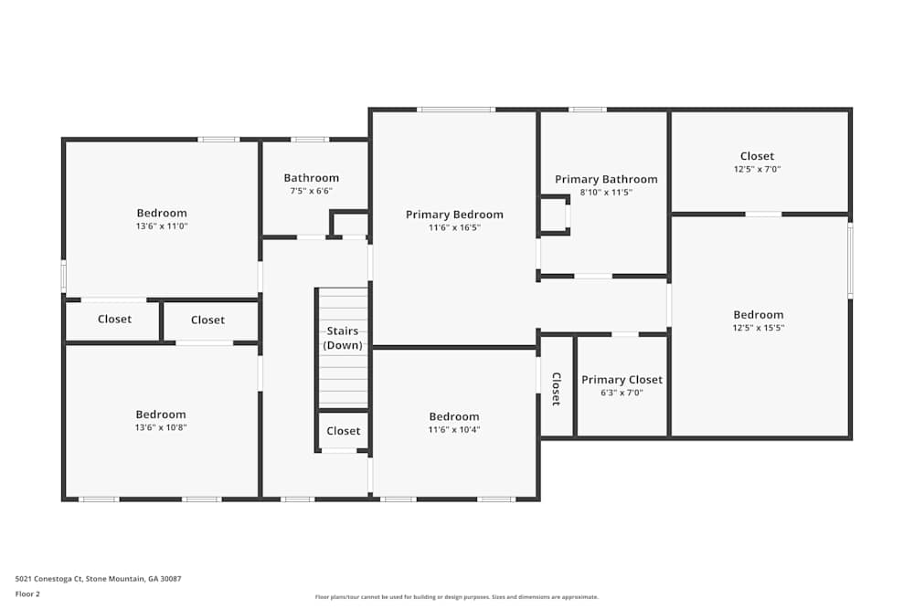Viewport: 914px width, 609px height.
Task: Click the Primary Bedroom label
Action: (x=454, y=215)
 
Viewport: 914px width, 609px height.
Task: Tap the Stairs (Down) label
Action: (x=344, y=338)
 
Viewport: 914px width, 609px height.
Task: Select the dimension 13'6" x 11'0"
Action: (x=162, y=226)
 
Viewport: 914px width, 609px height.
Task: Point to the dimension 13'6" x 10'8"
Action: (x=161, y=427)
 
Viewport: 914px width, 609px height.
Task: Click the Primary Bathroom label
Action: (x=606, y=179)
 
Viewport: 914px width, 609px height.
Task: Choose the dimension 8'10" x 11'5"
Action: (x=606, y=193)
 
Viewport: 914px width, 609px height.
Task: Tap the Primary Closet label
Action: (x=622, y=380)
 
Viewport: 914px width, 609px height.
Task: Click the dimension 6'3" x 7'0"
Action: (x=622, y=393)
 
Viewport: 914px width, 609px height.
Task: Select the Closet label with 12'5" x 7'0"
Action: (x=757, y=156)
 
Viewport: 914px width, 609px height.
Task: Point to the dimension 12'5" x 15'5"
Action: (x=758, y=328)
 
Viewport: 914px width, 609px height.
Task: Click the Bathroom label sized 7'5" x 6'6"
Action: (x=311, y=178)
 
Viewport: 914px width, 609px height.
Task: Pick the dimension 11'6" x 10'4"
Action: (x=454, y=429)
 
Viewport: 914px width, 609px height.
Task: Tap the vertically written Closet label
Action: (x=556, y=388)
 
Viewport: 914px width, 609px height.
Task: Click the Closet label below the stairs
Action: (x=343, y=431)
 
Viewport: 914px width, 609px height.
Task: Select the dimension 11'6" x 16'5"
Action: (x=454, y=227)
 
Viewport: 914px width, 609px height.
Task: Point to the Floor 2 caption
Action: (x=27, y=593)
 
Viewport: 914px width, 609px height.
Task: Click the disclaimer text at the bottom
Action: (x=457, y=597)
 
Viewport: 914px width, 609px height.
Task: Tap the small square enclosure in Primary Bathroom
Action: (x=554, y=215)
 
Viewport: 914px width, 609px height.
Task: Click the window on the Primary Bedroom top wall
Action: (x=456, y=110)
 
